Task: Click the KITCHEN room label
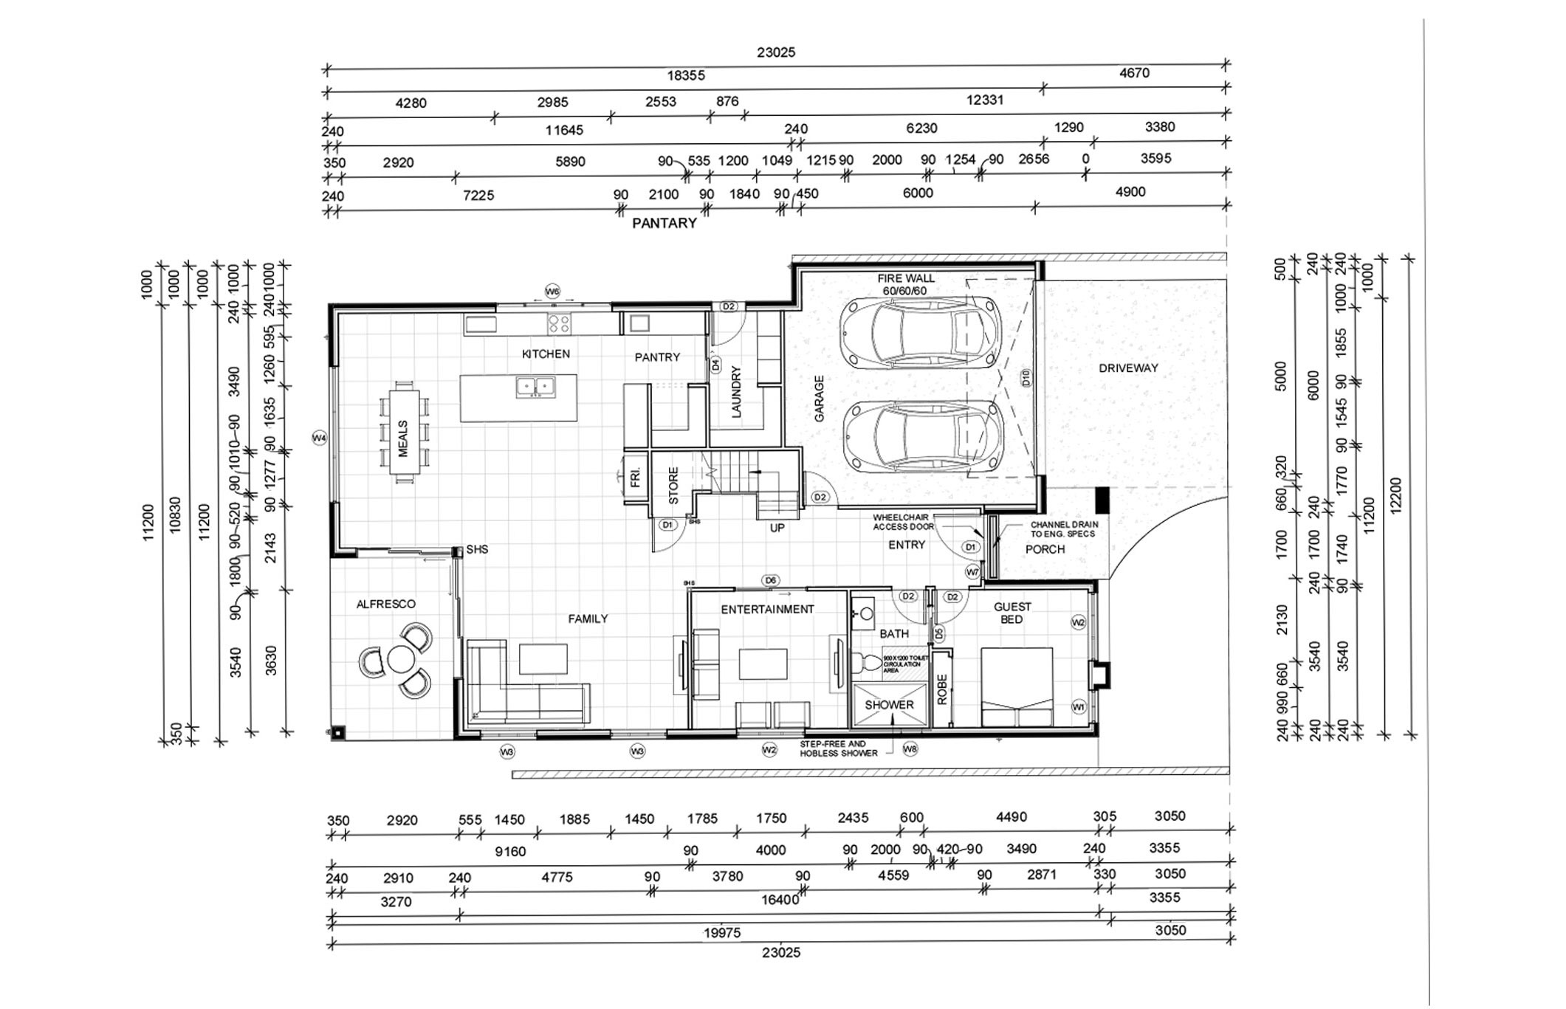point(546,354)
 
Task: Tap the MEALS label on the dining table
point(403,438)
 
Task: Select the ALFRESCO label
point(385,604)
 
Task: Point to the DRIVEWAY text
point(1128,368)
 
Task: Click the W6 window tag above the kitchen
point(552,292)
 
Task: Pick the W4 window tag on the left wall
point(319,438)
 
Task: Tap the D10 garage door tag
point(1026,378)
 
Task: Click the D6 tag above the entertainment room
point(772,581)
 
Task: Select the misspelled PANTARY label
point(664,224)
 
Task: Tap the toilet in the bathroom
point(870,664)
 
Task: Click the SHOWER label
point(889,705)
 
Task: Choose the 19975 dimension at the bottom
point(721,933)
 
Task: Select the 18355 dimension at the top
point(686,75)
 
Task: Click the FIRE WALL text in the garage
point(906,278)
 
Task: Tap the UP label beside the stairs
point(777,528)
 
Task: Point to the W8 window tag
point(910,749)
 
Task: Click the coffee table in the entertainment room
point(763,664)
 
